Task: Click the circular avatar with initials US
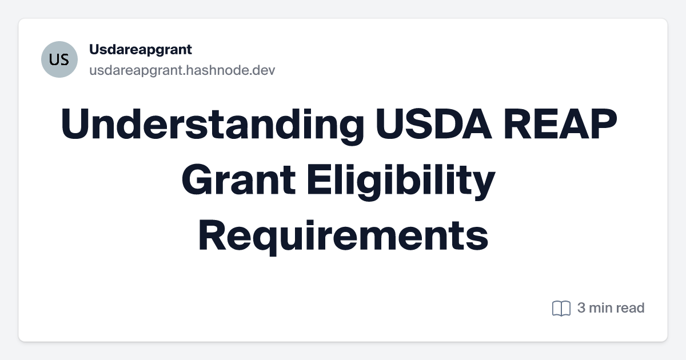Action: pos(59,59)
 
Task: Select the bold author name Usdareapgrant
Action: pos(140,50)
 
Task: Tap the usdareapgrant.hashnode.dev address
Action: pos(182,70)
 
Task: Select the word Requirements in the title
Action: pos(343,237)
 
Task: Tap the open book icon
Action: pos(561,309)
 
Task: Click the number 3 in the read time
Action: pos(581,308)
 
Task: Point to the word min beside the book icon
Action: pos(601,308)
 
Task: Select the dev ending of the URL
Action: pos(265,70)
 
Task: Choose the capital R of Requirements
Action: pos(212,237)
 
